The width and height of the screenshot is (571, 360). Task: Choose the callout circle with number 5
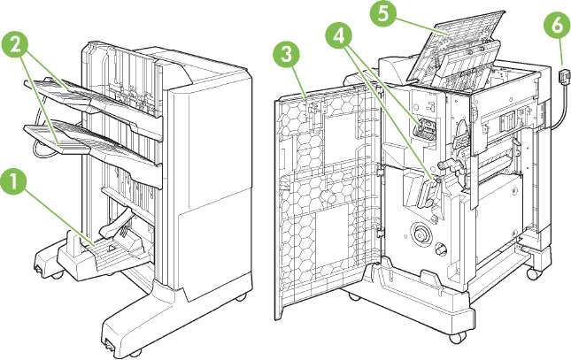[x=407, y=14]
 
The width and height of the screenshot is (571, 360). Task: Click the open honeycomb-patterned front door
[x=324, y=203]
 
